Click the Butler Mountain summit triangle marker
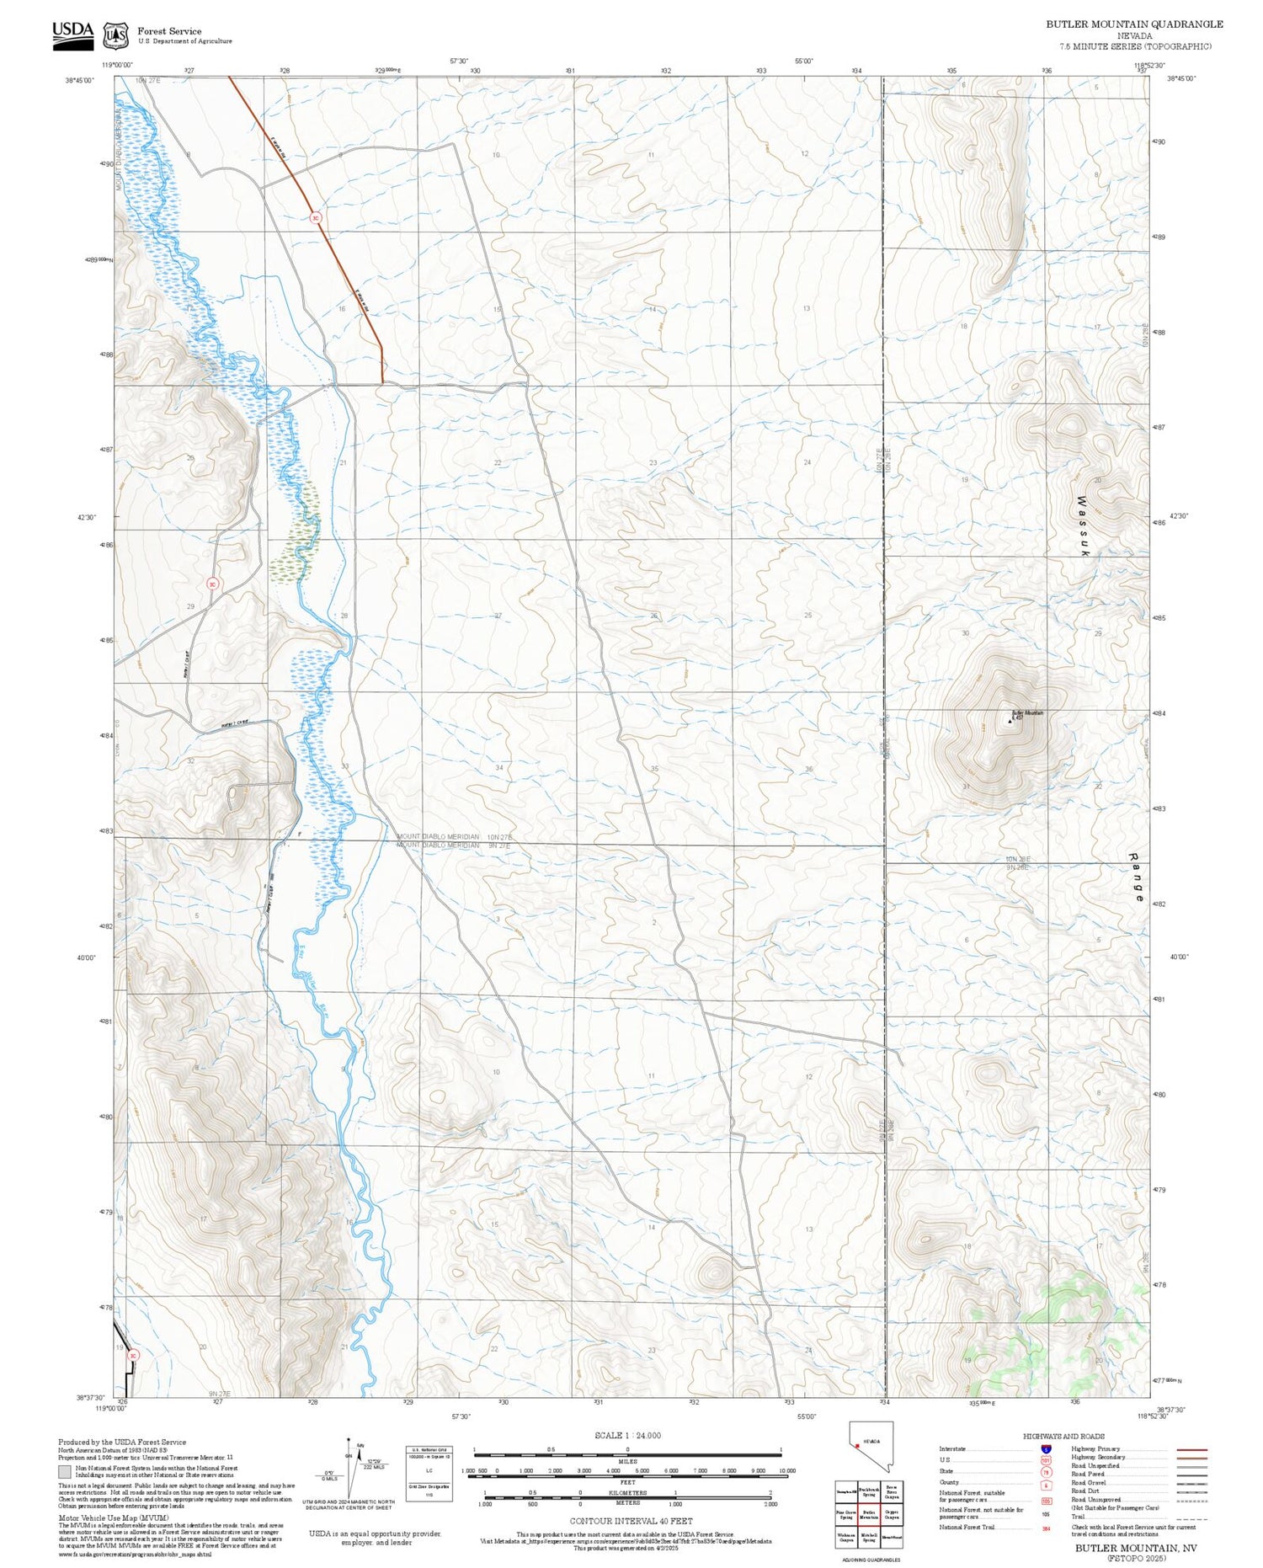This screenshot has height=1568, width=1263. pyautogui.click(x=1010, y=719)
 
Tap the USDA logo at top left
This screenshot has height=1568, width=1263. pyautogui.click(x=72, y=34)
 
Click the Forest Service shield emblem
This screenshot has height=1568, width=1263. pyautogui.click(x=115, y=35)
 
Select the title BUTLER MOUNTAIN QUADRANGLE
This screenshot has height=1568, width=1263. pyautogui.click(x=1134, y=24)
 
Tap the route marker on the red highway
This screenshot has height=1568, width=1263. pyautogui.click(x=315, y=216)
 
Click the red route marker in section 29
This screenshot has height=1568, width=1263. pyautogui.click(x=213, y=583)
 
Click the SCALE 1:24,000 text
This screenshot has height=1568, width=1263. pyautogui.click(x=627, y=1435)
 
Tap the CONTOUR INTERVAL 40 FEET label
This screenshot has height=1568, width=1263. pyautogui.click(x=631, y=1521)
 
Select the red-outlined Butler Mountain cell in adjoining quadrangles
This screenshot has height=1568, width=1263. pyautogui.click(x=869, y=1513)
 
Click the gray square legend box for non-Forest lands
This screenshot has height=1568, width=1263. pyautogui.click(x=65, y=1472)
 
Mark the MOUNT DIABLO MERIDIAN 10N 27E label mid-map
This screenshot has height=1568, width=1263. pyautogui.click(x=454, y=837)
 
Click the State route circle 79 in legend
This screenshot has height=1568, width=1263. pyautogui.click(x=1046, y=1472)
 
